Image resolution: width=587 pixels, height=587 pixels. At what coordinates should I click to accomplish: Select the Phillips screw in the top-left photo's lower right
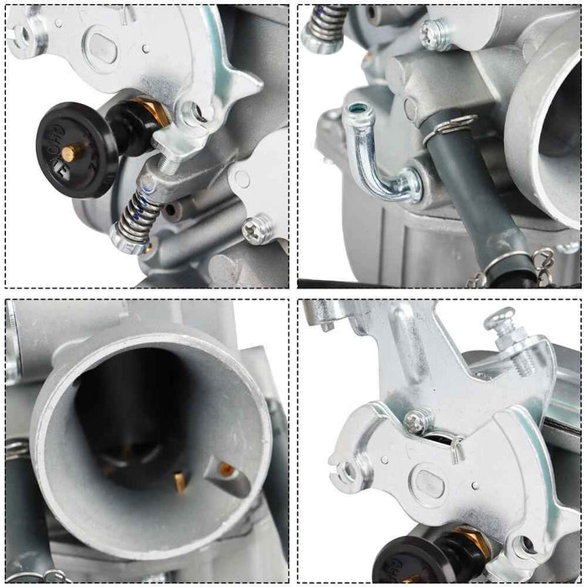pos(257,227)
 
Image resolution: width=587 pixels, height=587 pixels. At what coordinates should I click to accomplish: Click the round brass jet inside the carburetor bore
pos(227,470)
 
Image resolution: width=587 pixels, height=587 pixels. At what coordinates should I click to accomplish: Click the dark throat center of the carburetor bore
pos(138,411)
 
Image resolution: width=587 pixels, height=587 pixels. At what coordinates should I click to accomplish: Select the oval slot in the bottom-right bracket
pos(430,484)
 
